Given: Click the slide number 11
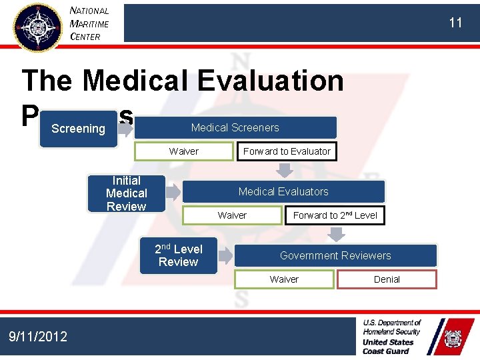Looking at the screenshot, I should pos(455,23).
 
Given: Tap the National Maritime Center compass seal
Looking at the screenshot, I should pos(37,27).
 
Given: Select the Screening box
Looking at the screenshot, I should pos(79,129).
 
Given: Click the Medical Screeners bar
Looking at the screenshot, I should pos(235,127).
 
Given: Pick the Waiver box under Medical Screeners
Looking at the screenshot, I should pos(183,151).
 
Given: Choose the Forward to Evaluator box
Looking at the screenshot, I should pos(287,151).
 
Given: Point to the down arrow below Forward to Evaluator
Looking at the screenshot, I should pos(285,170).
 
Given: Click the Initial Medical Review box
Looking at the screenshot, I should pos(127,193).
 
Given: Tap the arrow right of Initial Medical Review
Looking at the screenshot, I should pos(173,193).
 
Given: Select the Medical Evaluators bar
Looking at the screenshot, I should pos(283,191).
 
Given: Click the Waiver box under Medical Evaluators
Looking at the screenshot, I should pos(232,215).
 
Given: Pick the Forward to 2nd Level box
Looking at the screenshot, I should pos(335,215).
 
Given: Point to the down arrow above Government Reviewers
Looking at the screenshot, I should pos(337,234).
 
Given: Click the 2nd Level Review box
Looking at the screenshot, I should pos(179,255).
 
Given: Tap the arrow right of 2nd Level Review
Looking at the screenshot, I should pos(225,255).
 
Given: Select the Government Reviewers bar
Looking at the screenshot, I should pos(335,255).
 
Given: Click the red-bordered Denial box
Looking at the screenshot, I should pos(387,279).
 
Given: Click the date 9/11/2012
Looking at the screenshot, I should pos(38,337).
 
